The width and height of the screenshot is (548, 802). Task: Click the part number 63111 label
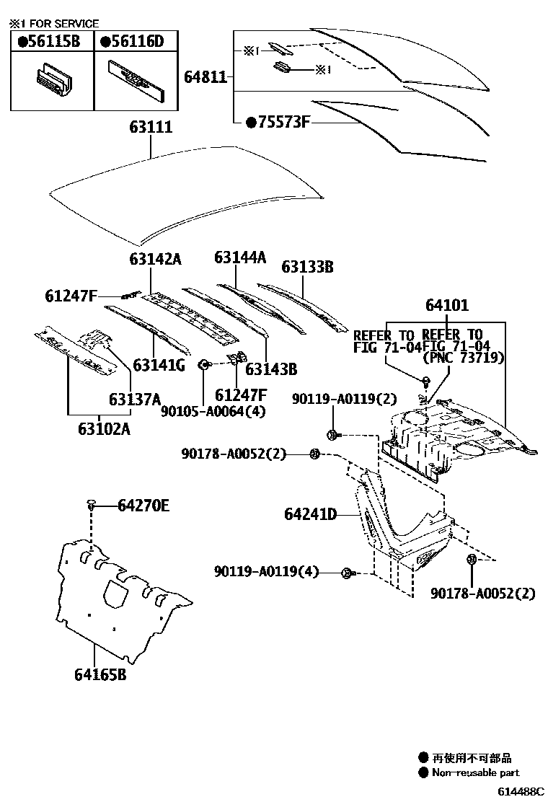click(x=151, y=128)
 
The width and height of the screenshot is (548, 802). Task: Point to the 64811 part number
click(x=205, y=76)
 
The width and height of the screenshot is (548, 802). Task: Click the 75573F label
click(x=278, y=122)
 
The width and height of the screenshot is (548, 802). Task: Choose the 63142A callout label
click(x=156, y=258)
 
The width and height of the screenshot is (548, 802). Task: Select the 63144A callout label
click(x=240, y=257)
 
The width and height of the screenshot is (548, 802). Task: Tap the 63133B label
click(x=307, y=268)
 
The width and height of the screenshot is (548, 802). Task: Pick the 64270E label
click(x=143, y=506)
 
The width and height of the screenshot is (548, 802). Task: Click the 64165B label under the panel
click(x=100, y=675)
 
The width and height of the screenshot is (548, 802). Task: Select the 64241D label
click(x=311, y=514)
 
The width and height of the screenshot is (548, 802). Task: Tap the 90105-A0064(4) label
click(x=204, y=411)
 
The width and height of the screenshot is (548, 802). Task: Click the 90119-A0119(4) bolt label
click(x=266, y=572)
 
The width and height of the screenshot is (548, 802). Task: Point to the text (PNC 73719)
click(x=463, y=358)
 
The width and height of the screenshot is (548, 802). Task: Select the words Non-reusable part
click(x=475, y=773)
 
